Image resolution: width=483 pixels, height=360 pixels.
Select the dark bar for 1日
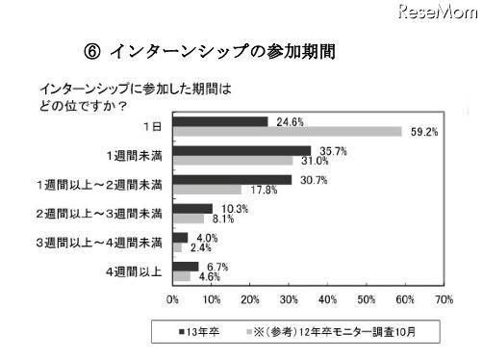[x=220, y=121]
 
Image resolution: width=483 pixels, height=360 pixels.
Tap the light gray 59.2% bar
[x=287, y=132]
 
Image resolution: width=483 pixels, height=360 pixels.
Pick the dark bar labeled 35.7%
[x=241, y=149]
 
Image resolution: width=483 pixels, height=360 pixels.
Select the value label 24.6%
[x=284, y=120]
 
